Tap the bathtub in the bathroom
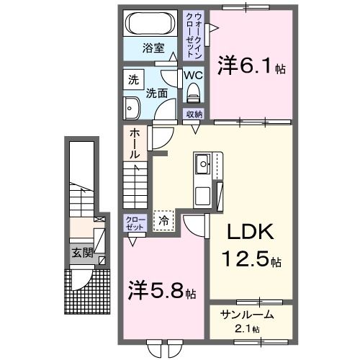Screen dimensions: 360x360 coord(150,24)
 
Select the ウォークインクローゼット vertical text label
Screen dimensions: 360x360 coord(194,35)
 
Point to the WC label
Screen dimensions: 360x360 coord(192,75)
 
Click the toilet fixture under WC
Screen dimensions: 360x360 coord(193,92)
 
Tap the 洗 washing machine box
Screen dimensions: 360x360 coord(132,80)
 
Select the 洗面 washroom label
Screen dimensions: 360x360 coord(157,93)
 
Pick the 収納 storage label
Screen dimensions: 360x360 coord(194,114)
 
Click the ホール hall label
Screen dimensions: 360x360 coord(135,143)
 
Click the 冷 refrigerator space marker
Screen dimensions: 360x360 coord(165,221)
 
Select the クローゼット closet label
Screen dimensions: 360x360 coord(135,222)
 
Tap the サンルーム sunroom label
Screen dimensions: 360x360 coord(247,315)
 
